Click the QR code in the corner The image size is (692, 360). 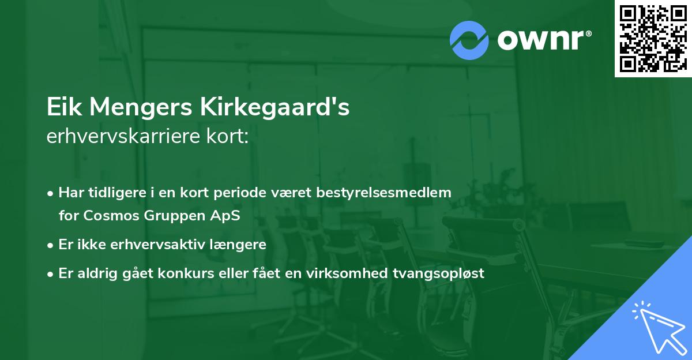(x=653, y=39)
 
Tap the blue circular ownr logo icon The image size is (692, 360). (x=469, y=40)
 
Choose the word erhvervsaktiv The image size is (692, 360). (x=146, y=244)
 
